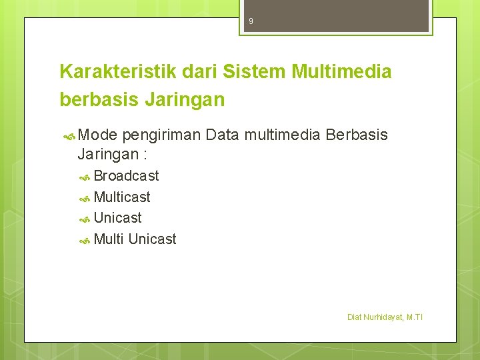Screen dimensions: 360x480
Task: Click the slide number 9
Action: tap(251, 21)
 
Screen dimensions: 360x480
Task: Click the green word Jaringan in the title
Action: tap(184, 101)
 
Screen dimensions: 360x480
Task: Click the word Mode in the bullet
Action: tap(97, 135)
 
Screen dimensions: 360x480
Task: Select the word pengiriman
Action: tap(161, 136)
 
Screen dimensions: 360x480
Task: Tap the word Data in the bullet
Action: tap(223, 135)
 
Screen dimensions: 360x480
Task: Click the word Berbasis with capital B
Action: tap(357, 135)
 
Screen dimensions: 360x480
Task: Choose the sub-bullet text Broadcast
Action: tap(127, 176)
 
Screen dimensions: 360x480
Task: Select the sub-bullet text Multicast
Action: tap(122, 197)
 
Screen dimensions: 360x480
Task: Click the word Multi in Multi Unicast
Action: tap(109, 239)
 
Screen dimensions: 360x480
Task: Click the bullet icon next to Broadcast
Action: tap(85, 177)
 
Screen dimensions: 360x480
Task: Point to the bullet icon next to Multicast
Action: tap(85, 198)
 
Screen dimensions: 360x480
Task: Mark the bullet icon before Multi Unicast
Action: tap(85, 240)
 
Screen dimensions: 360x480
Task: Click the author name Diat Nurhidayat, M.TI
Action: tap(385, 317)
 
